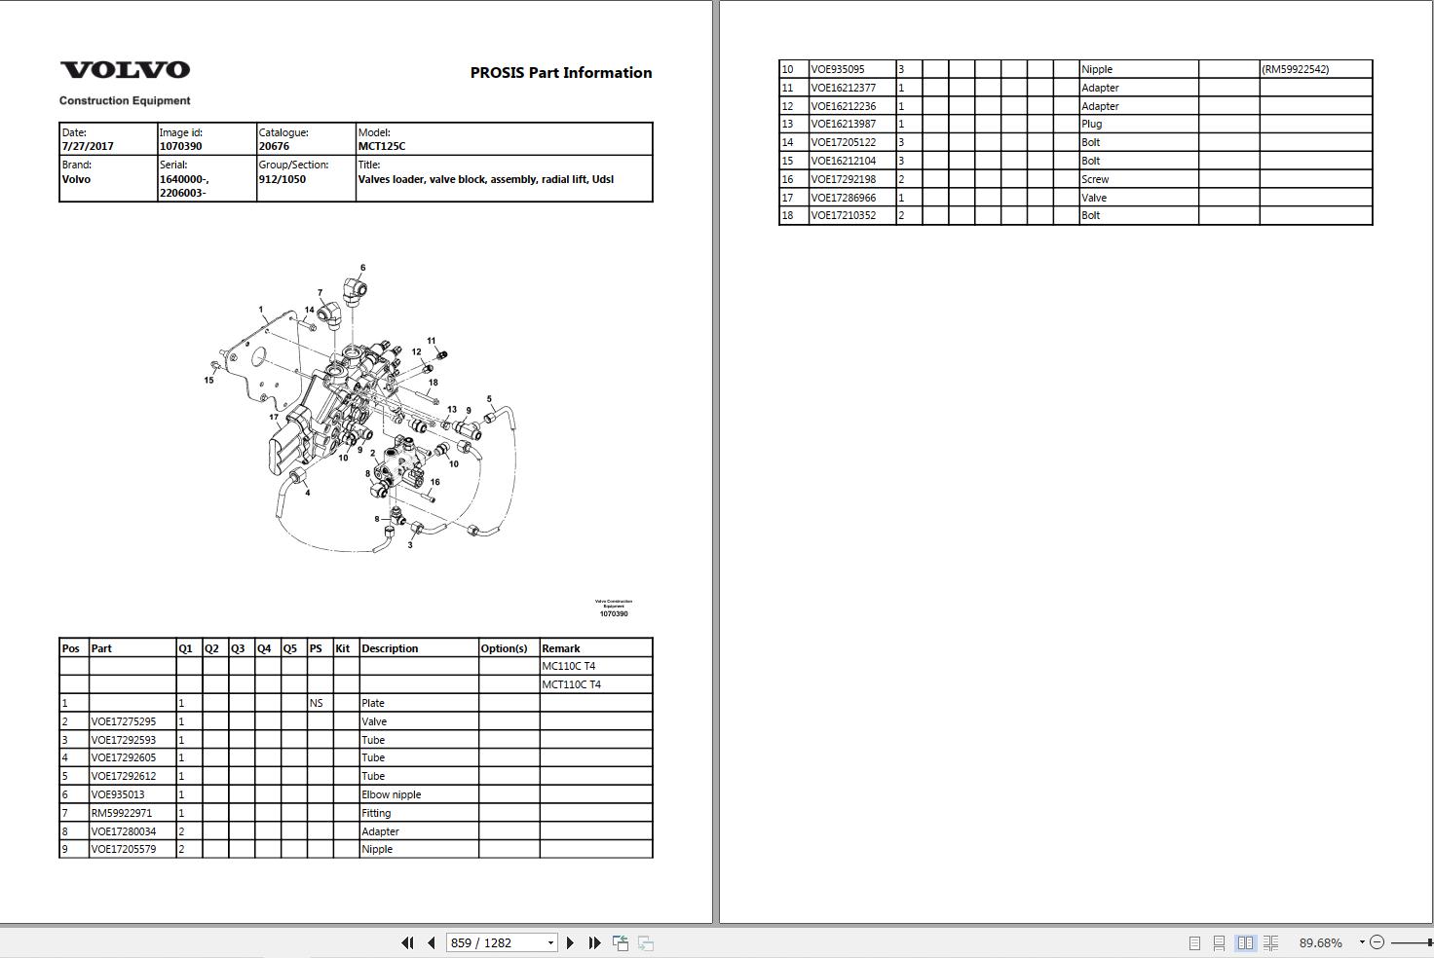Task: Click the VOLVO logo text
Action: coord(126,70)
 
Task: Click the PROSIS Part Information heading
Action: coord(560,73)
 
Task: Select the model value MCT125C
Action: coord(382,146)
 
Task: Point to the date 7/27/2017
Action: coord(88,146)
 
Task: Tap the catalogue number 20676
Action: coord(274,146)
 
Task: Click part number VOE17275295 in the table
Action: coord(124,721)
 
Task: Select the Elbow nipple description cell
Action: coord(392,794)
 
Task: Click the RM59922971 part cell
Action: coord(122,813)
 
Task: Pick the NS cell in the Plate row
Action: coord(316,703)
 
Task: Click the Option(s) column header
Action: coord(504,648)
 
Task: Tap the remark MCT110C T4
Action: coord(571,684)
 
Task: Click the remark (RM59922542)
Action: coord(1296,69)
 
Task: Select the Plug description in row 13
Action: coord(1092,124)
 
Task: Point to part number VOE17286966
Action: coord(844,198)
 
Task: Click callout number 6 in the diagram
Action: coord(362,268)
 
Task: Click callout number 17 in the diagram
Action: coord(274,418)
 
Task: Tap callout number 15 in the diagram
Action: coord(208,380)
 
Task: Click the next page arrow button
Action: coord(570,942)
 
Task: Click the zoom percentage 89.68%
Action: coord(1321,942)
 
